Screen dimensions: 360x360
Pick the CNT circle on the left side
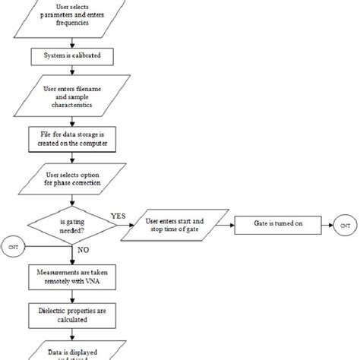click(12, 247)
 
